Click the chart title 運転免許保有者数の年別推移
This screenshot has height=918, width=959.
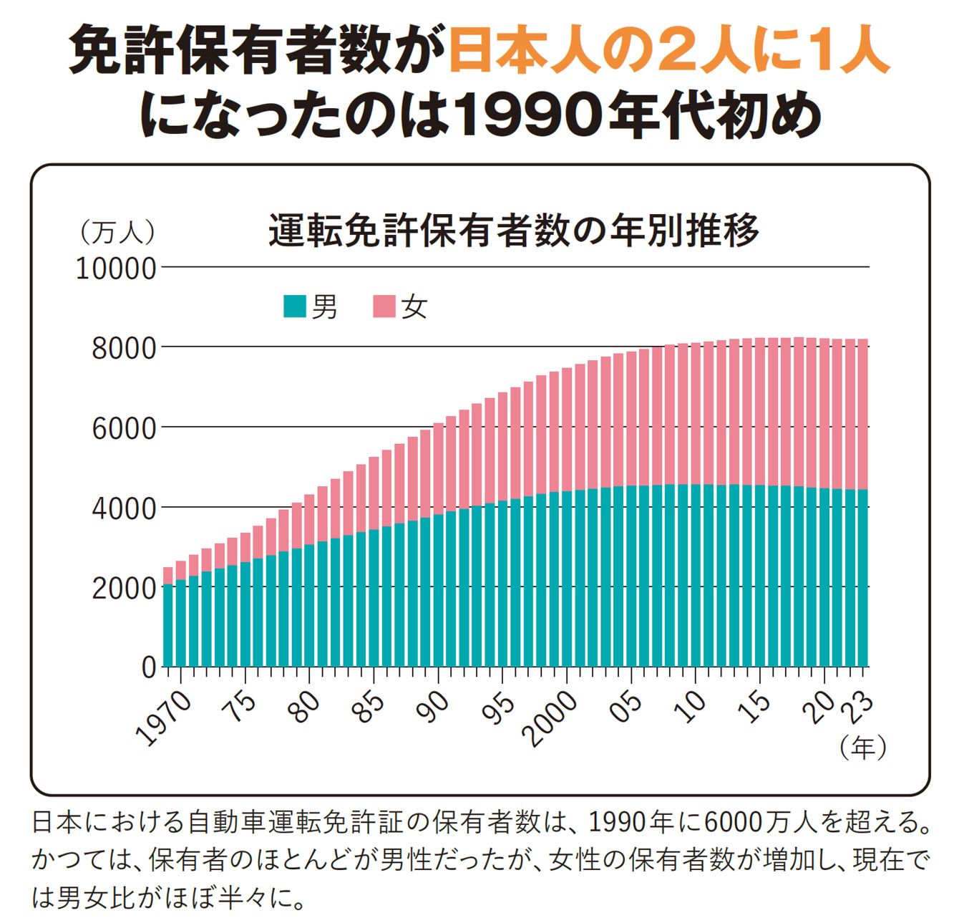coord(513,230)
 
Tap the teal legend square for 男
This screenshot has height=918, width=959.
coord(296,306)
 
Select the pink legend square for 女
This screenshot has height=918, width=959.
coord(384,306)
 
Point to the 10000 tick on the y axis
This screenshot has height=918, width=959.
coord(116,269)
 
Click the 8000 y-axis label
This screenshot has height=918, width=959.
coord(123,349)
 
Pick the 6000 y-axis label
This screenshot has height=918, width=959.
coord(123,429)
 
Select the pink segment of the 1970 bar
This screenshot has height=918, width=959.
coord(168,576)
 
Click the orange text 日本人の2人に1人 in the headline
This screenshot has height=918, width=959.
coord(669,52)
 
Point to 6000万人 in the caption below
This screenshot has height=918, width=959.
coord(761,823)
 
